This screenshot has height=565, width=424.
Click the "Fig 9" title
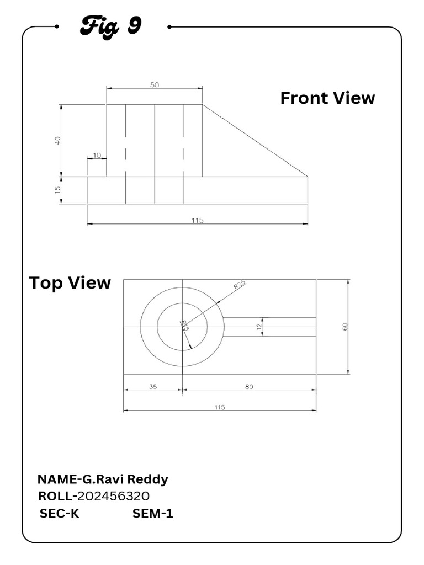(111, 25)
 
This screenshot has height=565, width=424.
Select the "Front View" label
(327, 98)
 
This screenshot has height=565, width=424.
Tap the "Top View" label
(70, 283)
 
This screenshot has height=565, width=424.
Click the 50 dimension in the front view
(155, 85)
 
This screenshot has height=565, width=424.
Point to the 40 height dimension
(57, 140)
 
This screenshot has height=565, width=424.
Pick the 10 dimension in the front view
(97, 156)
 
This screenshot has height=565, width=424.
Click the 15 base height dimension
(57, 190)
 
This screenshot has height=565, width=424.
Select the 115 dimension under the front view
(198, 220)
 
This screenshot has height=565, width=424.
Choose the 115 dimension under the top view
(220, 407)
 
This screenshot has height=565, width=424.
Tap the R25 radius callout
(240, 285)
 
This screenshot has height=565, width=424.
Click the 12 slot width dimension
(258, 326)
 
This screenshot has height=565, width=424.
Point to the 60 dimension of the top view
(345, 326)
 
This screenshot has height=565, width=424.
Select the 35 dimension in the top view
(153, 387)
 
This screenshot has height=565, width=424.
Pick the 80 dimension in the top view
(249, 387)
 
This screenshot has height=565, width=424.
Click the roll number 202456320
(114, 495)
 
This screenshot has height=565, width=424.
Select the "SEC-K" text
(59, 514)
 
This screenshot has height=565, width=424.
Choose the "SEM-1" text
(153, 514)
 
